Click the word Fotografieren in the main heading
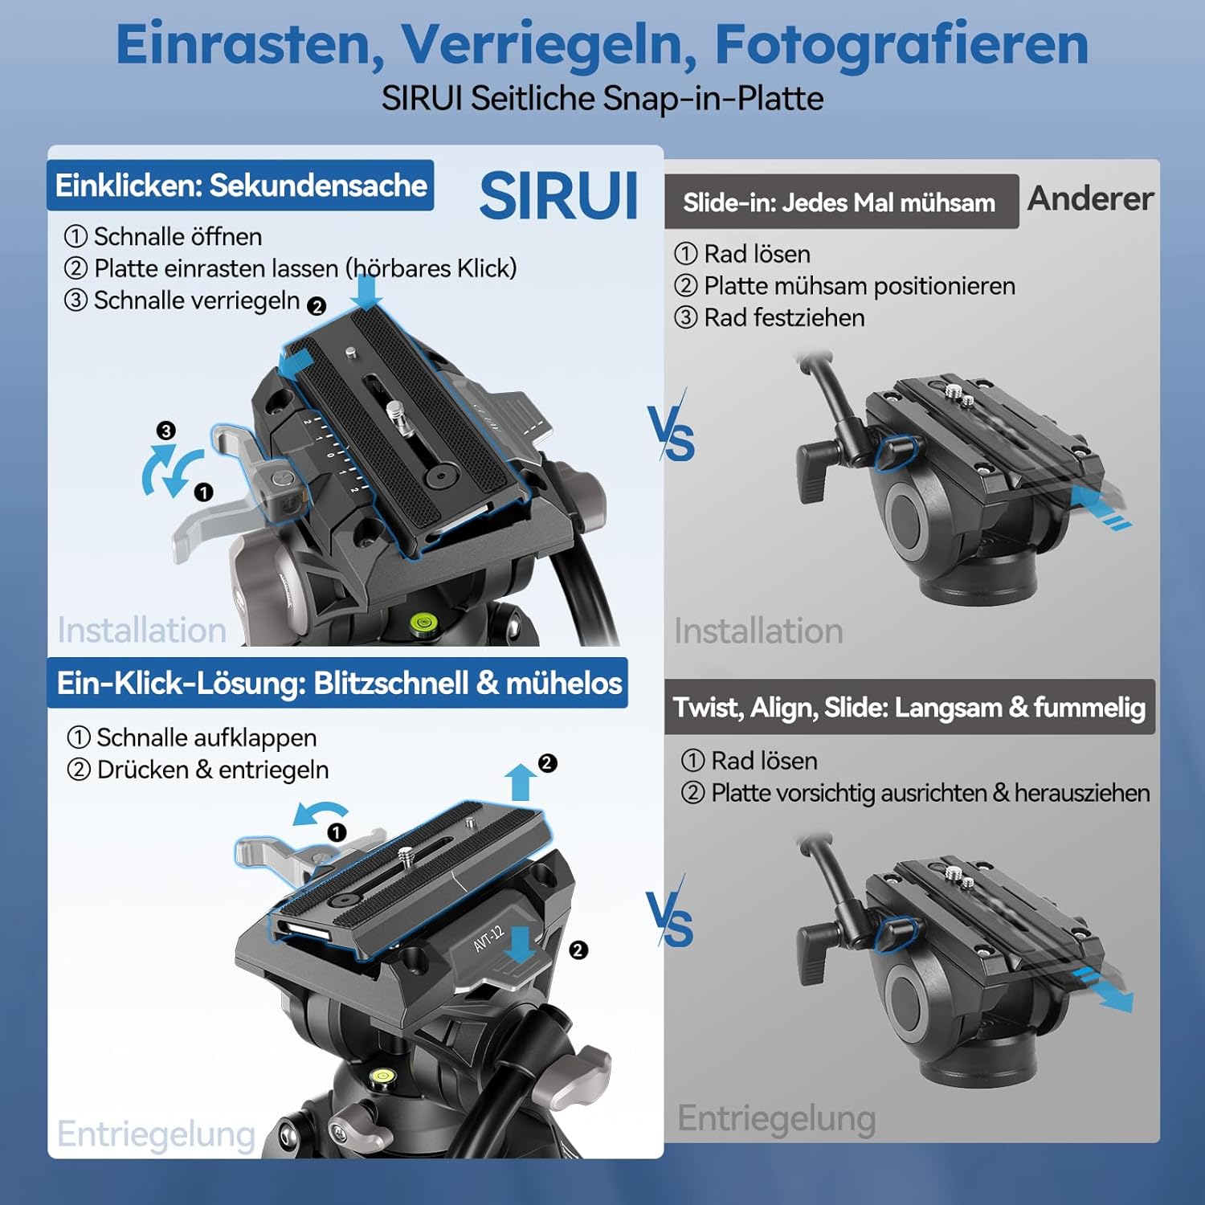(x=901, y=44)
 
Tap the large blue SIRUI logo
(x=559, y=196)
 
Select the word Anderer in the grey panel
(x=1090, y=198)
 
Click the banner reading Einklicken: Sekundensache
(x=240, y=186)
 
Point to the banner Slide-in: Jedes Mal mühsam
(x=840, y=202)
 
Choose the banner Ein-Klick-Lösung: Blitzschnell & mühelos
(x=338, y=683)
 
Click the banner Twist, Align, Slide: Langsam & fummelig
(x=909, y=708)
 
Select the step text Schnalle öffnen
(x=178, y=237)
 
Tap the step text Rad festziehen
(x=783, y=318)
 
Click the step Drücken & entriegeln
(x=212, y=770)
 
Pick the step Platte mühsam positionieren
(x=859, y=286)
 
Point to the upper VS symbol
(x=672, y=435)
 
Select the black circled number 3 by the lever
(x=165, y=431)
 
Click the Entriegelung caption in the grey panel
(x=776, y=1118)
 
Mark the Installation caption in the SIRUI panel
(x=141, y=631)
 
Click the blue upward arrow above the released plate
(x=521, y=782)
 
